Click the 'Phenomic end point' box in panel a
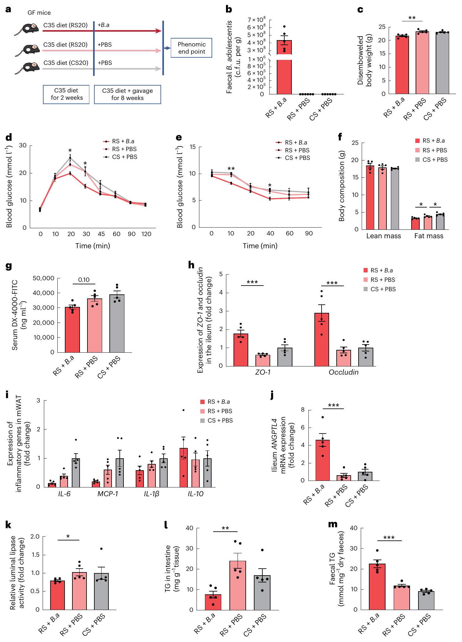[x=192, y=48]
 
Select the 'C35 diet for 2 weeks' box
[x=66, y=94]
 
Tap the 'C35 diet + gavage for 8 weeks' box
[x=127, y=94]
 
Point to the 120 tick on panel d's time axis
[x=146, y=234]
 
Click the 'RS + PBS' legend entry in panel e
[x=297, y=150]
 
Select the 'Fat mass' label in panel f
[x=428, y=236]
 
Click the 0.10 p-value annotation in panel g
[x=84, y=280]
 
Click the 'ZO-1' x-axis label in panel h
[x=263, y=372]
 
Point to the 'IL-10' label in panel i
[x=196, y=494]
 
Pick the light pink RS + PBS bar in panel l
[x=238, y=585]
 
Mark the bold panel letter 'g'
[x=9, y=266]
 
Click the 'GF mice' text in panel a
[x=39, y=13]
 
